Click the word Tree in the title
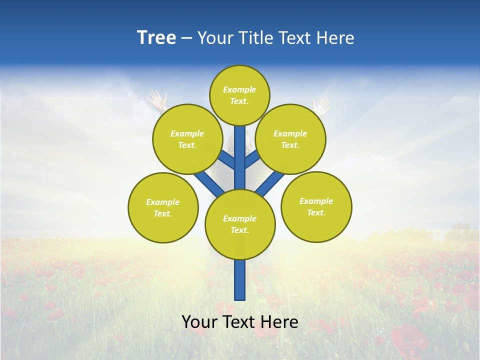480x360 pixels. (x=156, y=38)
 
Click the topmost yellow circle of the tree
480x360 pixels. (x=239, y=95)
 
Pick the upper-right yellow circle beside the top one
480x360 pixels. (x=290, y=139)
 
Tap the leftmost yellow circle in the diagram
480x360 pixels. (x=163, y=207)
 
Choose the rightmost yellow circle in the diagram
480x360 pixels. (x=316, y=206)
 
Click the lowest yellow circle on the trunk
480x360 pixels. (x=240, y=224)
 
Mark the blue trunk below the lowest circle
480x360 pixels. (x=240, y=280)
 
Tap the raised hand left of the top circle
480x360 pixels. (x=156, y=99)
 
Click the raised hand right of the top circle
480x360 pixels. (x=321, y=106)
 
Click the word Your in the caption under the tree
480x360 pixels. (x=198, y=322)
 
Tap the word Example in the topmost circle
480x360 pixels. (x=239, y=90)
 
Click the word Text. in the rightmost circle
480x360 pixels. (x=316, y=212)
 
